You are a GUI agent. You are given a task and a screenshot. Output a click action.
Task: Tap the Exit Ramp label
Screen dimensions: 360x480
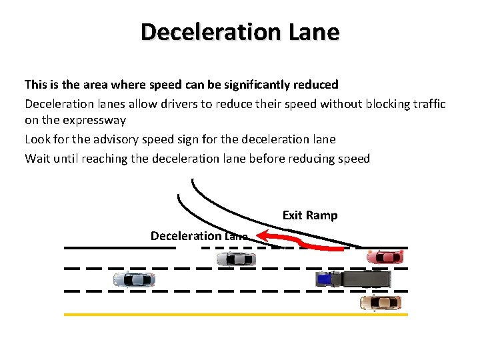click(x=310, y=215)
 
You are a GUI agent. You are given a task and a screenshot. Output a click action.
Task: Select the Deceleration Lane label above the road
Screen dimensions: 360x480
click(x=199, y=236)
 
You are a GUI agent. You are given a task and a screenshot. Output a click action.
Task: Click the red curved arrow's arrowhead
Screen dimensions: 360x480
click(x=263, y=235)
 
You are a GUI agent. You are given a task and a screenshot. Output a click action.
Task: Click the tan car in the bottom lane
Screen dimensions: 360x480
click(x=380, y=303)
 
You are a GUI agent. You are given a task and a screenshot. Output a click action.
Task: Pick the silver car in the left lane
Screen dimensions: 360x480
click(x=134, y=279)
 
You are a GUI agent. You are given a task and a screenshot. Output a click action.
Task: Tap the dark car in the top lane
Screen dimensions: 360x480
click(x=236, y=259)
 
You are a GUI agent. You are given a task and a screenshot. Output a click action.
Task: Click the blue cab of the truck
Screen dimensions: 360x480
click(x=324, y=279)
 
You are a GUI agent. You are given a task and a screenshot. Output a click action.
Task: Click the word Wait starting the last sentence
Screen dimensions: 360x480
click(x=37, y=158)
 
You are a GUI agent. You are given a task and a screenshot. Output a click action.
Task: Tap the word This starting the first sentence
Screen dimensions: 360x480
click(x=36, y=85)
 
